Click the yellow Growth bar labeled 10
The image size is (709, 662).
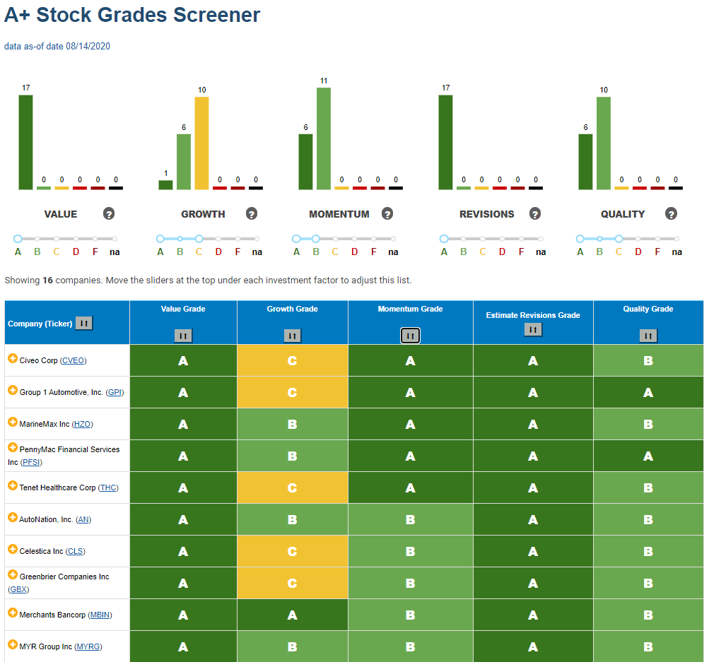[201, 143]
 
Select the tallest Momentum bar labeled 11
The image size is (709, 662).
[324, 138]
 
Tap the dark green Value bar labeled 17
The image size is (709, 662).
[25, 142]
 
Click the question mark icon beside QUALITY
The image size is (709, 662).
[671, 214]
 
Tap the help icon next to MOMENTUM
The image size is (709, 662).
[387, 214]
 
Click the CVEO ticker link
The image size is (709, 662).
[74, 360]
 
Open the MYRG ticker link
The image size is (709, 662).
[88, 646]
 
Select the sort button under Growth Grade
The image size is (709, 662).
[293, 336]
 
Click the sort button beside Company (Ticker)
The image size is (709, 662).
[84, 323]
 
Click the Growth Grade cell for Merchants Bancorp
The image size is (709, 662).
[293, 615]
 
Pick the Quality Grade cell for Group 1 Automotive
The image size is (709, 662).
[648, 392]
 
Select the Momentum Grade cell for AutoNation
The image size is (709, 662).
[411, 520]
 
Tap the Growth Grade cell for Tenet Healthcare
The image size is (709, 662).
[293, 487]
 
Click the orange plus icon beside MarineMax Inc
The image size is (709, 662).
[13, 422]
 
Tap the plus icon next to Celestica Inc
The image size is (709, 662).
[13, 549]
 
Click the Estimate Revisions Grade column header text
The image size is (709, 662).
[533, 315]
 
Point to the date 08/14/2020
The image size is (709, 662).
[88, 46]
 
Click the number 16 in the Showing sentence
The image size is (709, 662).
[47, 280]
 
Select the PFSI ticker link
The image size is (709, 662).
[31, 462]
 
